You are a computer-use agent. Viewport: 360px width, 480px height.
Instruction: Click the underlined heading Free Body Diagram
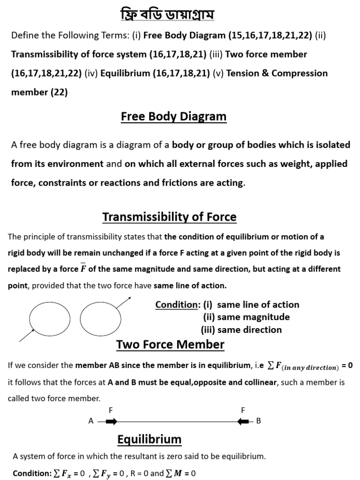(x=173, y=116)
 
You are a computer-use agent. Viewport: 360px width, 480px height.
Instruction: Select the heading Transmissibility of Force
(x=169, y=217)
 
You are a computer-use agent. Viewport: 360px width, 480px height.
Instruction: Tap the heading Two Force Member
(x=170, y=345)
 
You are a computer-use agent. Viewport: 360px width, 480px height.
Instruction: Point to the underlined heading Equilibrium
(x=149, y=439)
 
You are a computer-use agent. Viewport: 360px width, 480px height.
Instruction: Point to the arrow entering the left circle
(x=27, y=335)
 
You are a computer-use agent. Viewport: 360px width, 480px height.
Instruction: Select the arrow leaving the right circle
(x=124, y=302)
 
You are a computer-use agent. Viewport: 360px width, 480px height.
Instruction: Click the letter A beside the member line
(x=91, y=421)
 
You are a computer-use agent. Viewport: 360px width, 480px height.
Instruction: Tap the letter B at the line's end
(x=258, y=421)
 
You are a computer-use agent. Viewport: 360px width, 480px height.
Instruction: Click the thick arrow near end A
(x=111, y=421)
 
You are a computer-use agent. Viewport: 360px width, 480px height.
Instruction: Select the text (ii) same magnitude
(x=246, y=317)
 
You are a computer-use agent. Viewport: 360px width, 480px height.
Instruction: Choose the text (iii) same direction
(x=241, y=330)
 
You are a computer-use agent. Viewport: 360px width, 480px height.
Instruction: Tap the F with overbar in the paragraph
(x=83, y=269)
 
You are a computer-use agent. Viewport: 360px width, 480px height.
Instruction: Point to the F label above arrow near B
(x=243, y=410)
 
